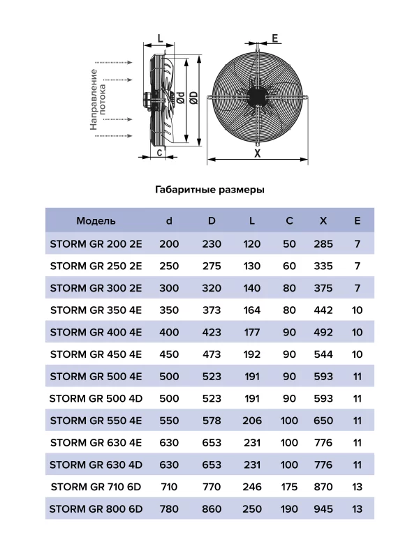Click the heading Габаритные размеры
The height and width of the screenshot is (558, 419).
(208, 189)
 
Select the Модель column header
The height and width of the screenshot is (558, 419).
(96, 221)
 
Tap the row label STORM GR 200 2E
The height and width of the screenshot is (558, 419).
(96, 244)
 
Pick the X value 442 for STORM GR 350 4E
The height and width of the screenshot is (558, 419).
(323, 310)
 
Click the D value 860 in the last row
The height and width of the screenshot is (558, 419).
(212, 508)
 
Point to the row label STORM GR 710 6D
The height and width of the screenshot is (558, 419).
(96, 487)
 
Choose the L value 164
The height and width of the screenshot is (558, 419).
(252, 310)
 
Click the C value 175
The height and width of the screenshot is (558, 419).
(289, 487)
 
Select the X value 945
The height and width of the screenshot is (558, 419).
(323, 508)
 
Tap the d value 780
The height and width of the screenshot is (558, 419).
(169, 508)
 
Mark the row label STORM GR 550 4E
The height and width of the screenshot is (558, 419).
(96, 421)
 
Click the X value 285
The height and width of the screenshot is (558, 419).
(323, 244)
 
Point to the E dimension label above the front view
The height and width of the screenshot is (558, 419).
(275, 38)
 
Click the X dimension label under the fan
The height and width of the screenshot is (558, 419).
(257, 153)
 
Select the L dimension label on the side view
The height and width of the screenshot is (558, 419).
(160, 39)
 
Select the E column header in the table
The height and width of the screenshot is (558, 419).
(358, 221)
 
